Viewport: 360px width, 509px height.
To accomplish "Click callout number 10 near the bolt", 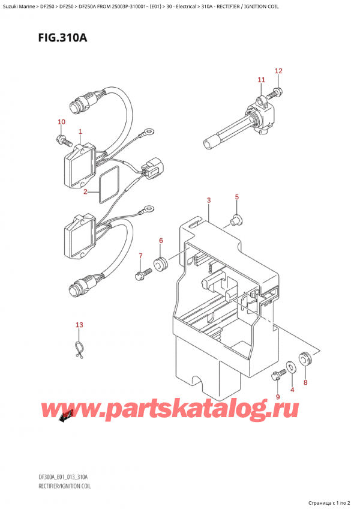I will point(61,122).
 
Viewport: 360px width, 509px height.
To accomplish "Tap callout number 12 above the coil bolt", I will point(278,71).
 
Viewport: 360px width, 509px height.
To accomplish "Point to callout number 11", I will point(260,80).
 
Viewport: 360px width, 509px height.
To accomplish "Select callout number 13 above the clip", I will point(79,325).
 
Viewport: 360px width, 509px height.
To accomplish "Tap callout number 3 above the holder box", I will point(208,200).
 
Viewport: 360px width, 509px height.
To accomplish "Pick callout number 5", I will point(236,197).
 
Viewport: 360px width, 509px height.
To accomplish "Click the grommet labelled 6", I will point(160,263).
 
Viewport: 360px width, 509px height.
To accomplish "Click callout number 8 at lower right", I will point(305,382).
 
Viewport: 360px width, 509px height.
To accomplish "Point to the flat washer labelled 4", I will point(290,366).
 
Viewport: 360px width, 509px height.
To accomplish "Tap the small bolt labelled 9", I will point(277,376).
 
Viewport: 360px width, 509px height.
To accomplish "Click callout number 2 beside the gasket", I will point(86,192).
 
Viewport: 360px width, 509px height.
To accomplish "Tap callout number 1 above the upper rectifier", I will point(80,131).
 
